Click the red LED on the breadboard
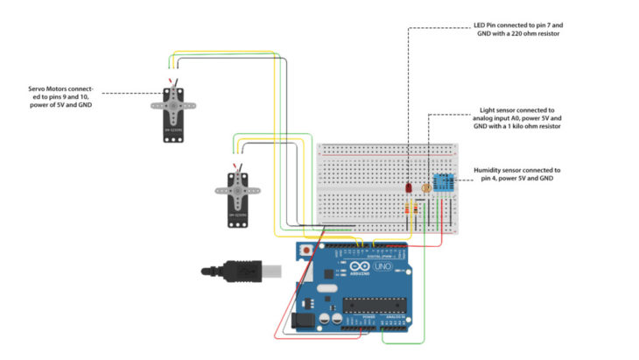409,187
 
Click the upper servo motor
175,112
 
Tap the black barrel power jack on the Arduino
304,321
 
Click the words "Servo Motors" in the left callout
53,89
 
